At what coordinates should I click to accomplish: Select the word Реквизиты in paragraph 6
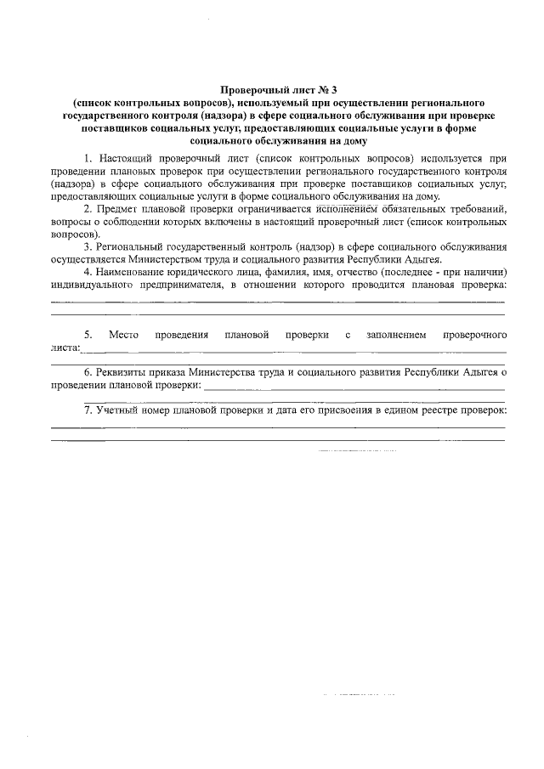(123, 372)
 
